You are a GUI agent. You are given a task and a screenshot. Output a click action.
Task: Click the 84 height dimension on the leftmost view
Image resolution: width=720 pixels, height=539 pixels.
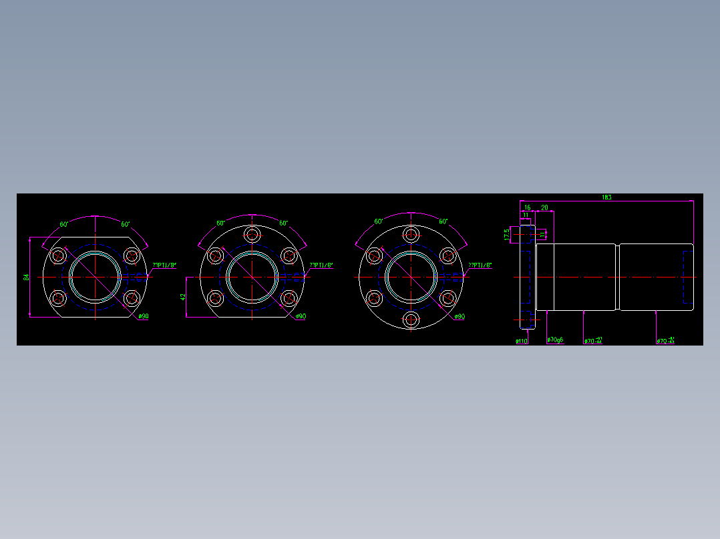pos(26,277)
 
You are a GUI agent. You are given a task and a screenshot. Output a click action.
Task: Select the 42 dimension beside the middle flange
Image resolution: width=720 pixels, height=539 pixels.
pos(182,296)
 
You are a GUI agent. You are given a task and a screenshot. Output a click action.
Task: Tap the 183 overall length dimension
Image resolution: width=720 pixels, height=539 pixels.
pos(606,197)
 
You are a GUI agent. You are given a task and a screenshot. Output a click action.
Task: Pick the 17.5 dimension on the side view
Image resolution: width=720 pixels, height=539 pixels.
pos(507,234)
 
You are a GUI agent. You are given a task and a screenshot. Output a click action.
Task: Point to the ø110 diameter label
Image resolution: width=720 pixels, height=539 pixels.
pos(522,341)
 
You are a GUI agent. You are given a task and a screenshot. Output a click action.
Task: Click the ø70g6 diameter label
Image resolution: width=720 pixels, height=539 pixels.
pos(555,340)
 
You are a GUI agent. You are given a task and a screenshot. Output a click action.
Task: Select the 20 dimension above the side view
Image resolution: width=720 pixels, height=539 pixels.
pos(544,207)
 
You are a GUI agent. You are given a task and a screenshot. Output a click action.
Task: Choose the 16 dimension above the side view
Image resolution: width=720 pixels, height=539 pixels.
pos(527,207)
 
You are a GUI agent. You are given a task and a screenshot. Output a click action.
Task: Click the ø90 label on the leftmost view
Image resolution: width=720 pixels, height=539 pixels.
pos(143,316)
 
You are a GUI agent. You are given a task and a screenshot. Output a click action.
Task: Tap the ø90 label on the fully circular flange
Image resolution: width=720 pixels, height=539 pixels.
pos(460,316)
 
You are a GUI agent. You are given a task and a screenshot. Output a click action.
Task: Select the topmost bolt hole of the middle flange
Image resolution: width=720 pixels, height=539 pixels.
pos(252,234)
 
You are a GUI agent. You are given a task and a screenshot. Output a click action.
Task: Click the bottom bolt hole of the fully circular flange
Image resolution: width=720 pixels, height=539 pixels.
pos(411,320)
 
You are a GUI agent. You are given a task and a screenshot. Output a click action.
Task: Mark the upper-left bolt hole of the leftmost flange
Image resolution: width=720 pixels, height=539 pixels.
pos(59,255)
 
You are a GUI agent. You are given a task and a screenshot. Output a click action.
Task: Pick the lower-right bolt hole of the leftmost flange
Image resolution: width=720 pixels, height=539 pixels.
pos(132,298)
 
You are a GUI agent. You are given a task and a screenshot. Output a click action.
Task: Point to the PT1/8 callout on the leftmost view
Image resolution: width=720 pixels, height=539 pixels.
pos(164,265)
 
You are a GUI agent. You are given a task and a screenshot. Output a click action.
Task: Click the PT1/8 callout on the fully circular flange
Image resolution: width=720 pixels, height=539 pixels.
pos(480,265)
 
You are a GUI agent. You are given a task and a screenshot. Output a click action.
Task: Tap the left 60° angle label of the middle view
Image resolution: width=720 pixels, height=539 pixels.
pos(220,223)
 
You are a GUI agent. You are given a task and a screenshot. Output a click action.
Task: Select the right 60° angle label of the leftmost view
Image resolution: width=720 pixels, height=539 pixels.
pos(126,224)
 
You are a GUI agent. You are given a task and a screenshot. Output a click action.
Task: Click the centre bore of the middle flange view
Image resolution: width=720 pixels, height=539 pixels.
pos(252,277)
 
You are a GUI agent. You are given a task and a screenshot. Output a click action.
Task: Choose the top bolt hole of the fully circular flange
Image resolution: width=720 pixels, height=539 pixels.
pos(411,234)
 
